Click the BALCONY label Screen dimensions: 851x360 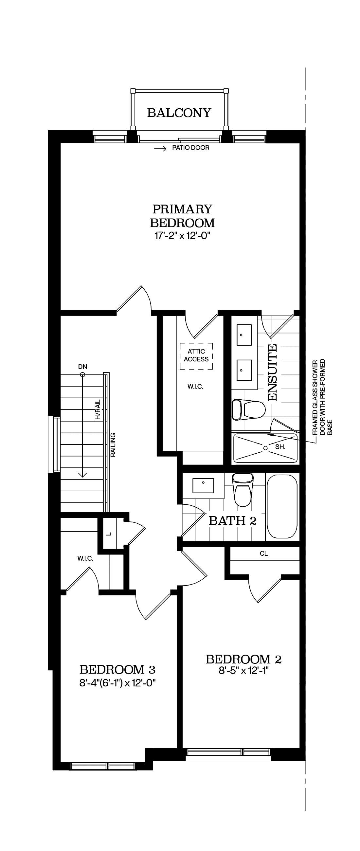pos(179,113)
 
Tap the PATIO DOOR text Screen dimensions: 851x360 pos(190,148)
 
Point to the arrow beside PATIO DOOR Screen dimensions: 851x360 pos(160,149)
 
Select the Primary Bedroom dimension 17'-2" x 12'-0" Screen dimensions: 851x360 pos(182,236)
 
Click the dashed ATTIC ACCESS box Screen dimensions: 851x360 pos(196,356)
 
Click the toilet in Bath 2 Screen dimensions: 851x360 pos(243,490)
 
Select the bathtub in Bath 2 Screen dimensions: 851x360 pos(282,507)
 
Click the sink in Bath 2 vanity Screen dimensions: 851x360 pos(203,485)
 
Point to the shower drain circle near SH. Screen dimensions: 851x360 pos(265,448)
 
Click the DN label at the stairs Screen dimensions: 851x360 pos(82,367)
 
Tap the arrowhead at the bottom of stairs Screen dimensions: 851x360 pos(82,475)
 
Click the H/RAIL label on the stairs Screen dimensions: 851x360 pos(98,409)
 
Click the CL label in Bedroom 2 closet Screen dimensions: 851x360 pos(263,554)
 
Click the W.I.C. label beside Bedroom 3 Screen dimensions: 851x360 pos(85,559)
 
